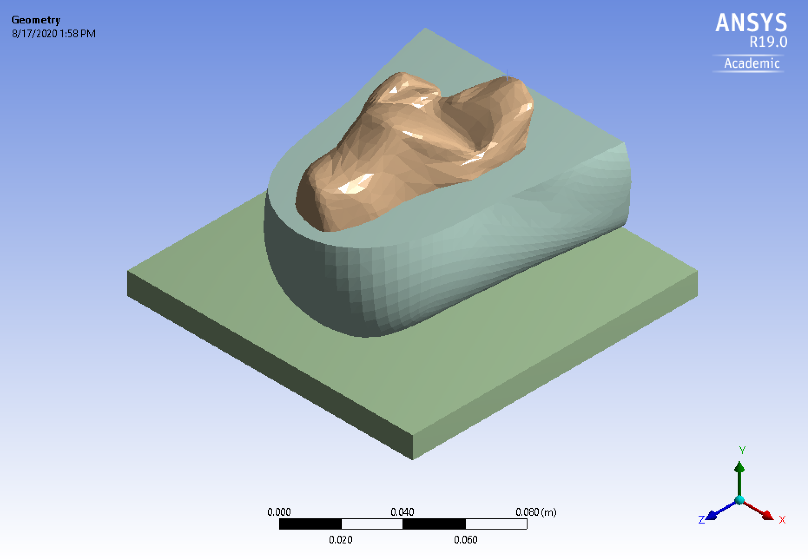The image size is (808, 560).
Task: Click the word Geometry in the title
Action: (x=36, y=20)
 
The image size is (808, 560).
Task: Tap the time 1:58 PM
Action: (x=78, y=34)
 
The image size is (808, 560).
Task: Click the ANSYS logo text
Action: (x=751, y=23)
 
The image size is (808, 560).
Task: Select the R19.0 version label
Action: (x=768, y=42)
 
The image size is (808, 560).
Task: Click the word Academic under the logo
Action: (x=752, y=63)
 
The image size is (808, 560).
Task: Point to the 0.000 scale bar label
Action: (x=279, y=512)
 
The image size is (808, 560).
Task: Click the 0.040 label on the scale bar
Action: (x=402, y=512)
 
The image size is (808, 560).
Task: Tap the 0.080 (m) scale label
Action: (x=536, y=512)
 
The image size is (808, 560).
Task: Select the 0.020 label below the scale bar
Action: (x=340, y=540)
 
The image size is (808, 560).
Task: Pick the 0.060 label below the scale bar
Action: (x=465, y=540)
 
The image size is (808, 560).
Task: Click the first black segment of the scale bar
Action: (x=310, y=524)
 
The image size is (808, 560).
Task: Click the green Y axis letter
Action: (x=742, y=450)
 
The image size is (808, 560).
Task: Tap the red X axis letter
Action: (x=782, y=520)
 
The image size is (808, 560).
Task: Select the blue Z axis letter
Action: (x=701, y=520)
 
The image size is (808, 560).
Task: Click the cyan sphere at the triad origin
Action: (x=739, y=500)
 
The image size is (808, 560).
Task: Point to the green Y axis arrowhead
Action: (x=739, y=467)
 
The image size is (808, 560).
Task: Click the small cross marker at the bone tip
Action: (x=507, y=76)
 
